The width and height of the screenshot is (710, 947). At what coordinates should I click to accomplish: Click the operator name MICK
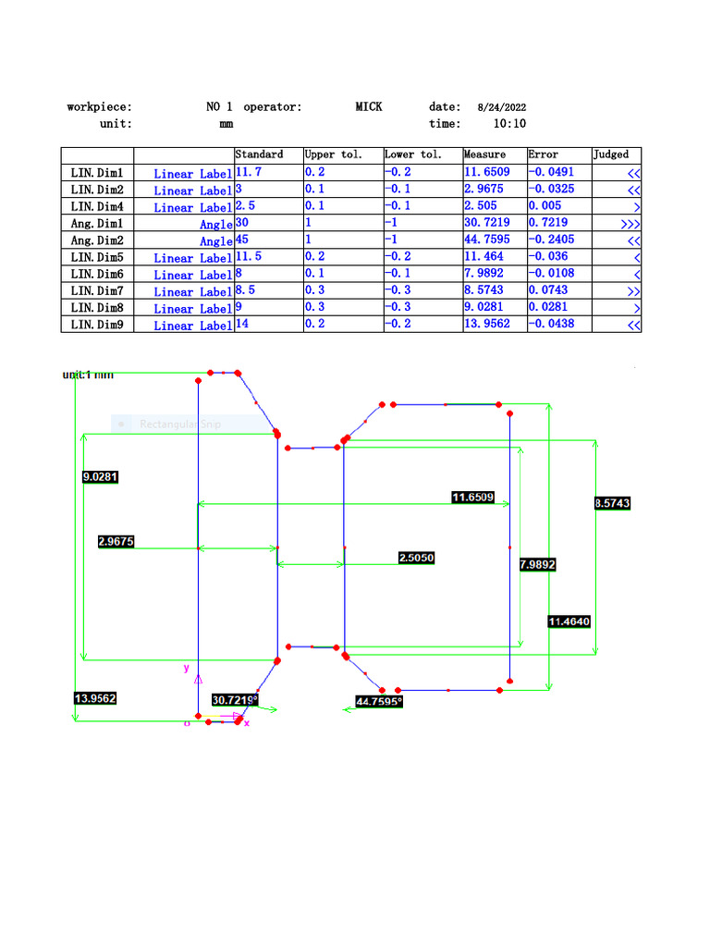(369, 107)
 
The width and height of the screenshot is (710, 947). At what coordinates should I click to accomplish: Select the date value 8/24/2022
(502, 108)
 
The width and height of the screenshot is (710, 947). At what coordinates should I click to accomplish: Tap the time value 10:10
(510, 124)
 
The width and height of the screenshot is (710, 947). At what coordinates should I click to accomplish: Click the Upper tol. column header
(334, 155)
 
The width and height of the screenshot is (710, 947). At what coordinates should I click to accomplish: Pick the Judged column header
(611, 155)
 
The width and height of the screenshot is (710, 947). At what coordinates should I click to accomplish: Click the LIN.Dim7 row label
(97, 291)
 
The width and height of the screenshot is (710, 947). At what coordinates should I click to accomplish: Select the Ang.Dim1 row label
(97, 224)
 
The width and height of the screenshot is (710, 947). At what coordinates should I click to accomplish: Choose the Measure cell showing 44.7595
(487, 240)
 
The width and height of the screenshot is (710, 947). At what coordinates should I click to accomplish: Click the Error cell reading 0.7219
(548, 224)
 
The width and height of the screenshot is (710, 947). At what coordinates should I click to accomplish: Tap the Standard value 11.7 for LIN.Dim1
(249, 173)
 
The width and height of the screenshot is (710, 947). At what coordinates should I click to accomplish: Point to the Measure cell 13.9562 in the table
(487, 325)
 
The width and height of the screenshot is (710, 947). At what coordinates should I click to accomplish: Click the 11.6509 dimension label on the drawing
(472, 498)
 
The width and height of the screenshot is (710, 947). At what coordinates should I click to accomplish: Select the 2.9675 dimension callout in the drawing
(116, 541)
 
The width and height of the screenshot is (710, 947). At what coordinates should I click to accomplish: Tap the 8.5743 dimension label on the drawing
(612, 503)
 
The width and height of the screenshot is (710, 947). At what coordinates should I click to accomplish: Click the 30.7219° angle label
(235, 700)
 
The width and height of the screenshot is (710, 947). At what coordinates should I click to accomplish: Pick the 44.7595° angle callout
(379, 702)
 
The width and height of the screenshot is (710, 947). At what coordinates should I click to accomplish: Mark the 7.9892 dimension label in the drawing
(538, 564)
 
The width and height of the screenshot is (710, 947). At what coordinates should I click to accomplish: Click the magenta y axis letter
(186, 667)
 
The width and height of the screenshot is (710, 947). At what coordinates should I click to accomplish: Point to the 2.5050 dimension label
(416, 558)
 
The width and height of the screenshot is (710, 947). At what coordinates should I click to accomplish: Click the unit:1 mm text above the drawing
(88, 375)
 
